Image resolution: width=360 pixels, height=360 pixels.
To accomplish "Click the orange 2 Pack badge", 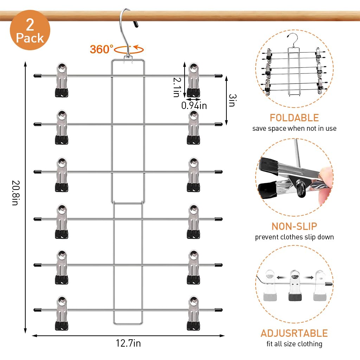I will tap(30, 30).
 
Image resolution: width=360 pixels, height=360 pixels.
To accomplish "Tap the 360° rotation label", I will tap(102, 49).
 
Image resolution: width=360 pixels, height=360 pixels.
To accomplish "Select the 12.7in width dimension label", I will tap(128, 343).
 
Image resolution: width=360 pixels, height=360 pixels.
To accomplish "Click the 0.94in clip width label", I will tap(194, 105).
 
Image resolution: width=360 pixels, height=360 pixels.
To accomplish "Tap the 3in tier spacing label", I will tap(231, 100).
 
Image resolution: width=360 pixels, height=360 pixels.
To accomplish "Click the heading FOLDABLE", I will tap(294, 118).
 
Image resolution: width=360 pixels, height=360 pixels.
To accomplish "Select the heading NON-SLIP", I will tap(294, 226).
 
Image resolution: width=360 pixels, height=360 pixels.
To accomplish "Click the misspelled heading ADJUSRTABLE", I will tap(294, 333).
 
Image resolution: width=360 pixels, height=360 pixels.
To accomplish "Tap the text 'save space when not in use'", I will tap(294, 128).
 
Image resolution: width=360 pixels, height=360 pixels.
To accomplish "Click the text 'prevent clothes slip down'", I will tap(294, 237).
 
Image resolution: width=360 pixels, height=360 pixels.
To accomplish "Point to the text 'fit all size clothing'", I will tap(294, 344).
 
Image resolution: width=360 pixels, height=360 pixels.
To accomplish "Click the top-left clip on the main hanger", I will tap(62, 80).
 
